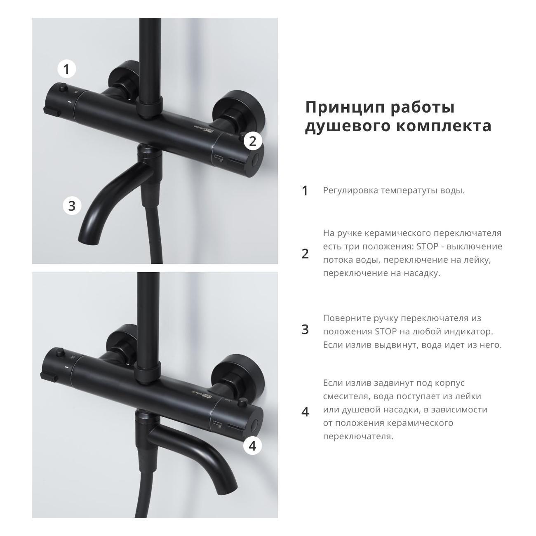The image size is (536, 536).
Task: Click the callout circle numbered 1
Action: coord(66,69)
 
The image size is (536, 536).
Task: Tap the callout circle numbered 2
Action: coord(253,141)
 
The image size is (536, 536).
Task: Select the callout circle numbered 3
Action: coord(72,206)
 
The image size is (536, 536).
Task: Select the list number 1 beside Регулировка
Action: coord(305,191)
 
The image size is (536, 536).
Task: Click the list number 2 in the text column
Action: coord(305,254)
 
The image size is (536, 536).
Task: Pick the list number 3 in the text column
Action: coord(305,329)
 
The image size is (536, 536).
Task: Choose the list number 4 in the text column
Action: coord(305,412)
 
